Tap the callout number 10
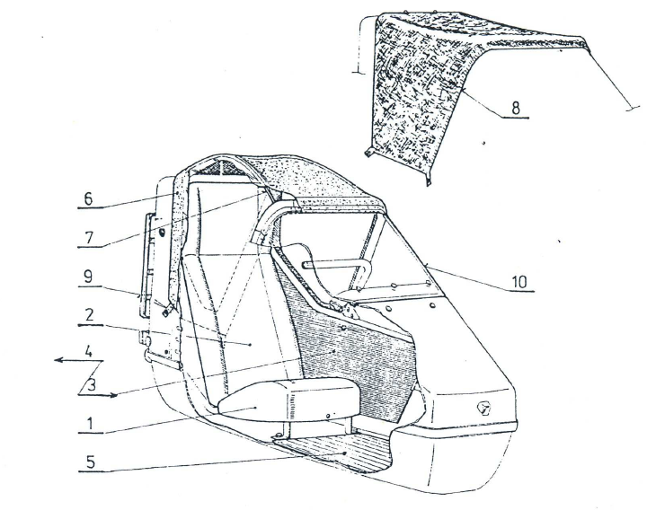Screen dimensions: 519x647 520,281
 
